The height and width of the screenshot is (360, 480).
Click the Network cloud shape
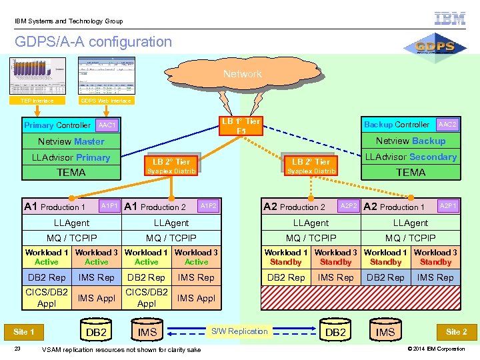click(x=243, y=74)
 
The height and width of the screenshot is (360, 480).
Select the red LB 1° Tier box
click(x=241, y=126)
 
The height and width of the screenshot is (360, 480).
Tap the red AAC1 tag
click(x=107, y=125)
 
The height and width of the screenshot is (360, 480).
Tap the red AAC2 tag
click(x=447, y=125)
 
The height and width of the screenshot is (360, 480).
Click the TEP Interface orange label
click(x=37, y=101)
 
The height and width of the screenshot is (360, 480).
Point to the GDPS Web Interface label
click(x=105, y=101)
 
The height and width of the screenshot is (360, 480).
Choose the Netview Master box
click(x=71, y=141)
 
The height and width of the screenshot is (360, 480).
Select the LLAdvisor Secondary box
click(x=410, y=157)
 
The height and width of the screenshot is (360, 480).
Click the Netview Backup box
click(x=410, y=141)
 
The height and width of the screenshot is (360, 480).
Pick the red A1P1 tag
click(x=110, y=207)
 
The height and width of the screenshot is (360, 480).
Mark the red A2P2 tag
click(x=350, y=207)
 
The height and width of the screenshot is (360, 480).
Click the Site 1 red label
click(x=24, y=331)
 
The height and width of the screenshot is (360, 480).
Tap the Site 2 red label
click(x=456, y=331)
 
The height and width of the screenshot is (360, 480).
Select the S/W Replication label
click(x=239, y=331)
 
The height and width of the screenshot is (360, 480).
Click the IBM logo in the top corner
click(x=450, y=18)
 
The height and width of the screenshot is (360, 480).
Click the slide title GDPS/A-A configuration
click(x=93, y=42)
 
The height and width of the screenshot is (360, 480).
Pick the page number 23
click(x=19, y=349)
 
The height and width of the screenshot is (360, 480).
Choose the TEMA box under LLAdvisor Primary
click(x=71, y=173)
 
